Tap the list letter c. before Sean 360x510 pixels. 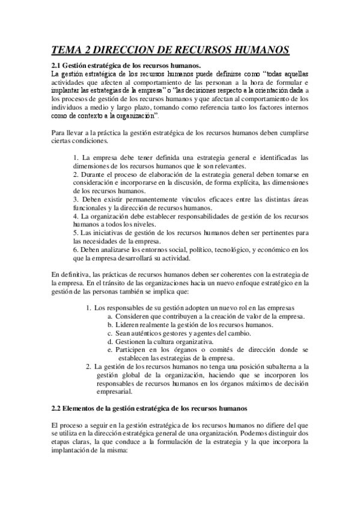[110, 333]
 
